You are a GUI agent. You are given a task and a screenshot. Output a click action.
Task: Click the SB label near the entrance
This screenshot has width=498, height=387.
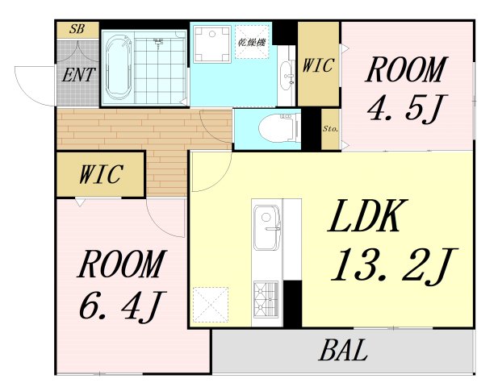[x=77, y=29]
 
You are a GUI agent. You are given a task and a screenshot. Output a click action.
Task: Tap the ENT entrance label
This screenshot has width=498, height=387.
[x=79, y=76]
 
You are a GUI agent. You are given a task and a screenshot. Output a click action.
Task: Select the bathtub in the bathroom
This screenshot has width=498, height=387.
[x=119, y=65]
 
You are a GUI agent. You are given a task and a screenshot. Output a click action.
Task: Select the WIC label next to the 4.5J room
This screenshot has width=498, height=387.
[x=318, y=67]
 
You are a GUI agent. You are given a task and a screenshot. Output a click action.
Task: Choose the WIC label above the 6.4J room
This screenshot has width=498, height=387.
[x=101, y=173]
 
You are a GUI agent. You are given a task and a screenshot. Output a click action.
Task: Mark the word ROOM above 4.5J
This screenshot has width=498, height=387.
[x=405, y=70]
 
